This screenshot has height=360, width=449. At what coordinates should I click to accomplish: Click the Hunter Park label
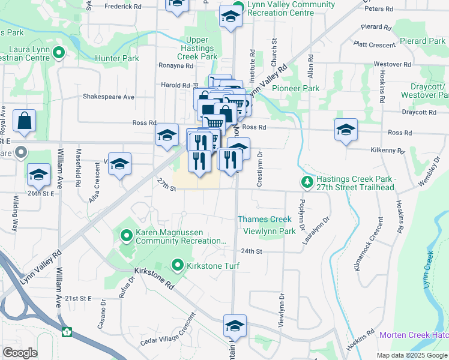[x=116, y=59]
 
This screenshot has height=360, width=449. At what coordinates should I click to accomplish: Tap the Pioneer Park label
[x=295, y=88]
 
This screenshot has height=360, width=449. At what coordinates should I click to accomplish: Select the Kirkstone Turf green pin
[x=178, y=264]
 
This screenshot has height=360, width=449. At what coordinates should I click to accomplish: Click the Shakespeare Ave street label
[x=109, y=97]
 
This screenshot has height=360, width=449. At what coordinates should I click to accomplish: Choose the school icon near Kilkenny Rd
[x=346, y=130]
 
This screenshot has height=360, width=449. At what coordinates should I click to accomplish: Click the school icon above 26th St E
[x=39, y=175]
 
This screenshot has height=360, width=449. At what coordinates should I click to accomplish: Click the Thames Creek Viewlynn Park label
[x=265, y=225]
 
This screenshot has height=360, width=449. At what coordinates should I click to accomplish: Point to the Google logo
[x=20, y=353]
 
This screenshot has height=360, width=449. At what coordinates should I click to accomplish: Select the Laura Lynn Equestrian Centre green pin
[x=58, y=53]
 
